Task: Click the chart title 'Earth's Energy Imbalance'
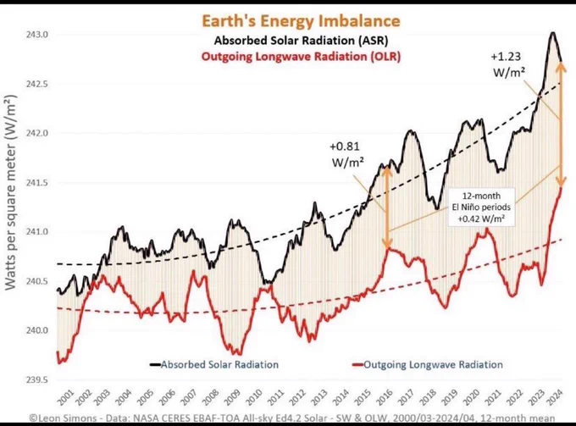point(301,20)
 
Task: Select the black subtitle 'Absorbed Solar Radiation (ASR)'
point(301,40)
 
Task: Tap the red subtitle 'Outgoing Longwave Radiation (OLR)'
point(301,57)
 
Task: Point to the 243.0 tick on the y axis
point(37,35)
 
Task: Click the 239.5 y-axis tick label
point(37,379)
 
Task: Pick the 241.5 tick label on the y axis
point(37,183)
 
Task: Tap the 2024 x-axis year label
point(555,397)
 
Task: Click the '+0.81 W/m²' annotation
point(346,154)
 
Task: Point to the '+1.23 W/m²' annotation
point(507,64)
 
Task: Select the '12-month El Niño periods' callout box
point(481,207)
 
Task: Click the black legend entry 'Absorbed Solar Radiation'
point(214,365)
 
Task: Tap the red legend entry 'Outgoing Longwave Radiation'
point(428,365)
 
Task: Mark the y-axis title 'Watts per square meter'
point(11,192)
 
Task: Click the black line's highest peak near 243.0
point(552,33)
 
